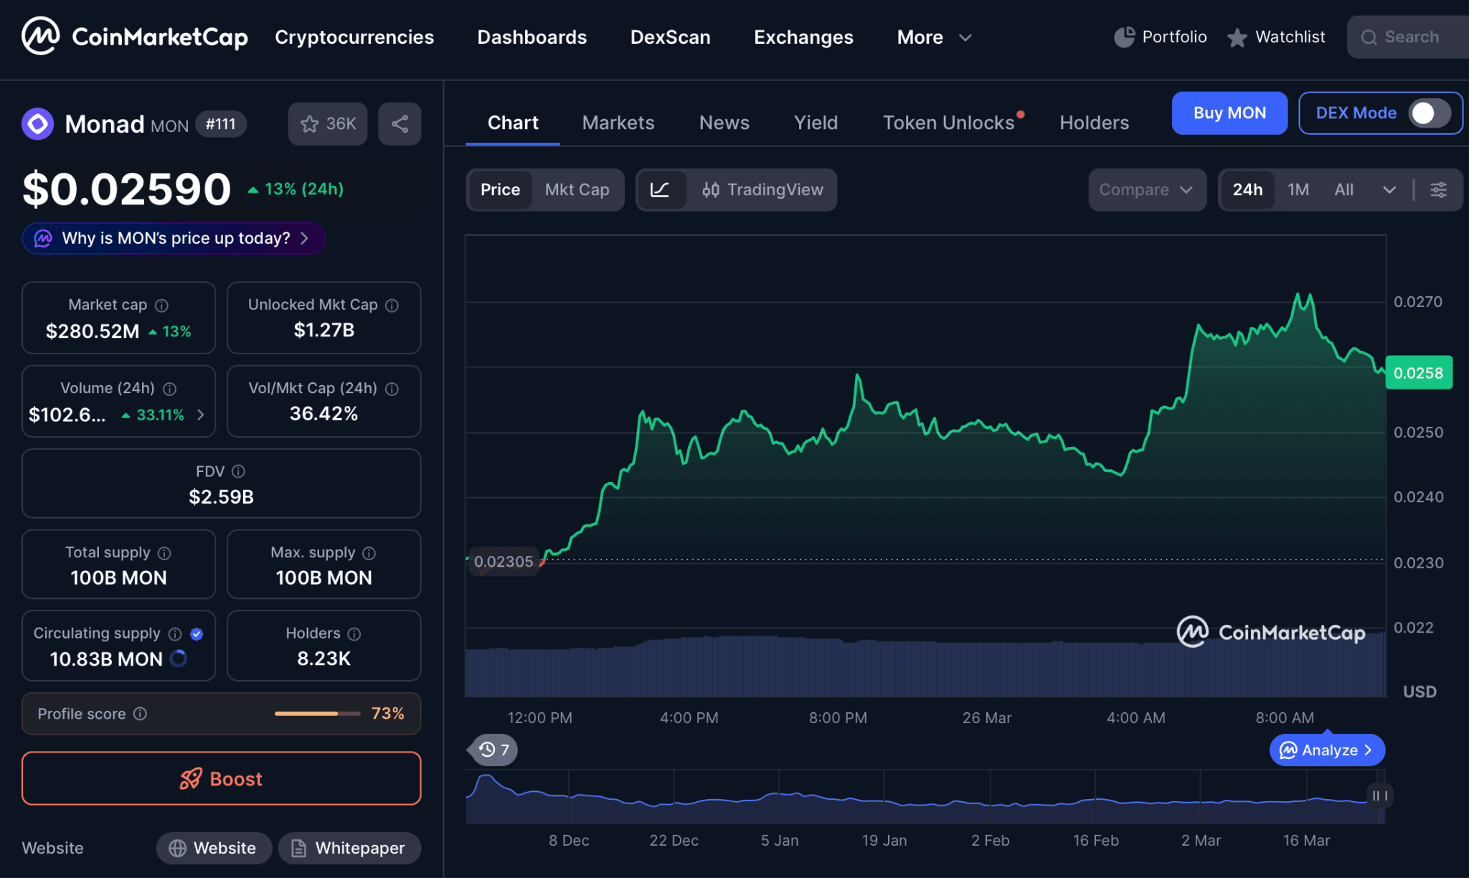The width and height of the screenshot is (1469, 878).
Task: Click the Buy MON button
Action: coord(1229,113)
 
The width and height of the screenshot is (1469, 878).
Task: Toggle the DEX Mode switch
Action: coord(1429,113)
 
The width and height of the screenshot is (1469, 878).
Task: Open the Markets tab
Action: coord(618,123)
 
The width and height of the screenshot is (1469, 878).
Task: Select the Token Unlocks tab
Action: coord(948,123)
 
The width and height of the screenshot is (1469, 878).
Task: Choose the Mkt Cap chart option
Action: coord(577,189)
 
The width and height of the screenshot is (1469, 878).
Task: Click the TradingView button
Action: coord(762,189)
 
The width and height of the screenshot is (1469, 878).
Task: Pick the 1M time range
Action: coord(1298,189)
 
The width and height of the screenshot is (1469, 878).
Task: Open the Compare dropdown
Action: coord(1146,189)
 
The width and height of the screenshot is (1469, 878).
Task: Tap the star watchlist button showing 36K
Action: coord(328,124)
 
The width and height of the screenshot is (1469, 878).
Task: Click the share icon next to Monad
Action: coord(400,124)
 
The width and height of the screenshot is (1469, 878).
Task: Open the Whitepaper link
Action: coord(349,848)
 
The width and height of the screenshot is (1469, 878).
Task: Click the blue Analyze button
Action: coord(1326,750)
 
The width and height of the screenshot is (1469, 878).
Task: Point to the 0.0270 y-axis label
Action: coord(1417,302)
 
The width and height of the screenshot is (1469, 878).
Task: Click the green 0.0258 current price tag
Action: coord(1418,373)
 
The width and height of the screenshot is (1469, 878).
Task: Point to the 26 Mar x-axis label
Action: coord(986,717)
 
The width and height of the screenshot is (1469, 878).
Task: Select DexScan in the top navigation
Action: coord(670,37)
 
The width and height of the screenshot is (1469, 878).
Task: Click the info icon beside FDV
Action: coord(239,471)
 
